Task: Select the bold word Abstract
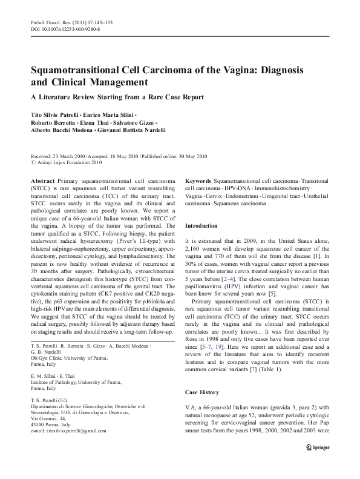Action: tap(43, 181)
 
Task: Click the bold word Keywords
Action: tap(198, 181)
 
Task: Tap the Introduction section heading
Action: tap(204, 225)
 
